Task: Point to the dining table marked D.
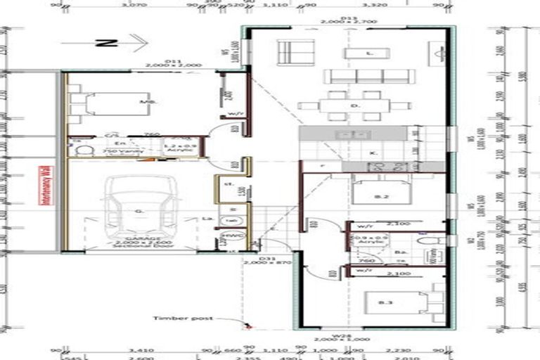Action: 355,106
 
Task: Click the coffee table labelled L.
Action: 368,53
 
